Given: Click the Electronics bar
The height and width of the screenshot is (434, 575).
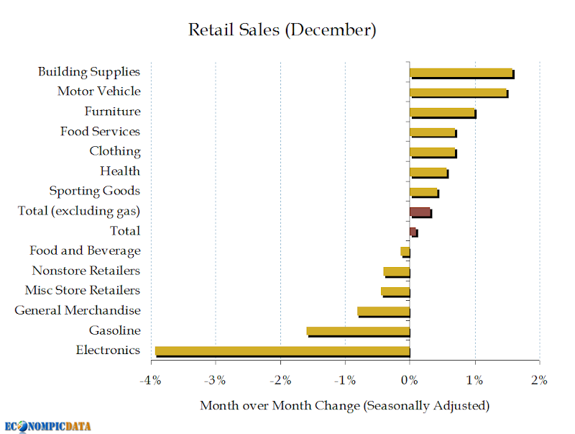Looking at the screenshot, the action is pos(282,351).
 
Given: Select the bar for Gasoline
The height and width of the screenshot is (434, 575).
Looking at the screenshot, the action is pos(358,332).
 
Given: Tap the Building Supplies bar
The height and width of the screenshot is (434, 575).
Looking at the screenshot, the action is pos(462,73).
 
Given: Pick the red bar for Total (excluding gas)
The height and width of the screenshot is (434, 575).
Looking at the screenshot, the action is pos(420,212).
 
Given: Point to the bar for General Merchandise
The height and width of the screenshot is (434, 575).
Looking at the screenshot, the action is pos(384,312).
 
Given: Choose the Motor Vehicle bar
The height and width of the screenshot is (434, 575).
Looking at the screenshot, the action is pos(459,94).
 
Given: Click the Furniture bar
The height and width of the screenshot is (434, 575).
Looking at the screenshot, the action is pos(443,113).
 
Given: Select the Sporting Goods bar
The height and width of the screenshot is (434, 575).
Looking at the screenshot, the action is pos(424,193).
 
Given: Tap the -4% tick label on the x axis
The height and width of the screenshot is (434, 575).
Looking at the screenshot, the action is pos(150,380).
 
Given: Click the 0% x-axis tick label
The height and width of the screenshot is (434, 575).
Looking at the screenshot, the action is pos(409,380).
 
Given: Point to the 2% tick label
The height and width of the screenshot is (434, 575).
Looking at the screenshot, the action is pos(539,380).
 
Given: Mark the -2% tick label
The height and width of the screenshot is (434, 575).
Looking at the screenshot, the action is pos(280,380).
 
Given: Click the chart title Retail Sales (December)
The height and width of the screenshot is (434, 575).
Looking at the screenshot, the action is pos(282,30).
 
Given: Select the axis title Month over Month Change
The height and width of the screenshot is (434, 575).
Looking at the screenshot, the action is pos(280,406).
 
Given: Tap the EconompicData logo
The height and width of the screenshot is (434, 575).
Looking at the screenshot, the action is pos(47,427).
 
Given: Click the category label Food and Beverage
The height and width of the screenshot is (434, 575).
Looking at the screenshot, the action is pos(85,250).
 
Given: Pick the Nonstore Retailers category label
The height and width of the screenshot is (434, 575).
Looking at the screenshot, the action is pos(86,271).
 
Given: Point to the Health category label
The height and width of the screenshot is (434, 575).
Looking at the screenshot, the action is pos(120,171).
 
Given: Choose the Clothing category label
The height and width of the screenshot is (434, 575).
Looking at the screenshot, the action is pos(115,151).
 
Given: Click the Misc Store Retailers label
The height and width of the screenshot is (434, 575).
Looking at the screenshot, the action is pos(83,291).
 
